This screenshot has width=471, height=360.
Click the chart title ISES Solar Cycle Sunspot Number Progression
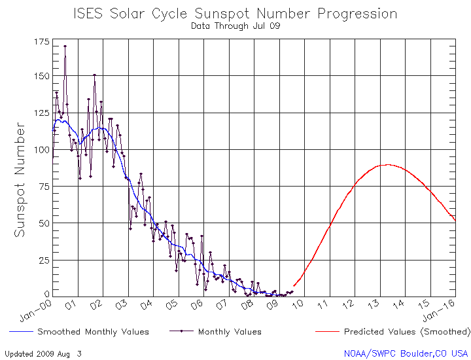(x=235, y=13)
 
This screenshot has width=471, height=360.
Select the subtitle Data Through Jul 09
(x=235, y=27)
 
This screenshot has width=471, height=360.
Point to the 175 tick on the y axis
(x=41, y=41)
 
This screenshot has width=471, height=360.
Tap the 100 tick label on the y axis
(x=41, y=150)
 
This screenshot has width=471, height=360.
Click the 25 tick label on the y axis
(x=43, y=260)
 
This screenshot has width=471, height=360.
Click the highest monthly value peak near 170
(x=65, y=46)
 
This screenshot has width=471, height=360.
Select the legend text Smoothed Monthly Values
(x=93, y=332)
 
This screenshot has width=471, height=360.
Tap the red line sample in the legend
(x=327, y=332)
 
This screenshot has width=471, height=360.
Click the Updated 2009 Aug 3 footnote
(x=43, y=353)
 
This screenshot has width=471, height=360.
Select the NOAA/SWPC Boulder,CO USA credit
(x=406, y=353)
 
